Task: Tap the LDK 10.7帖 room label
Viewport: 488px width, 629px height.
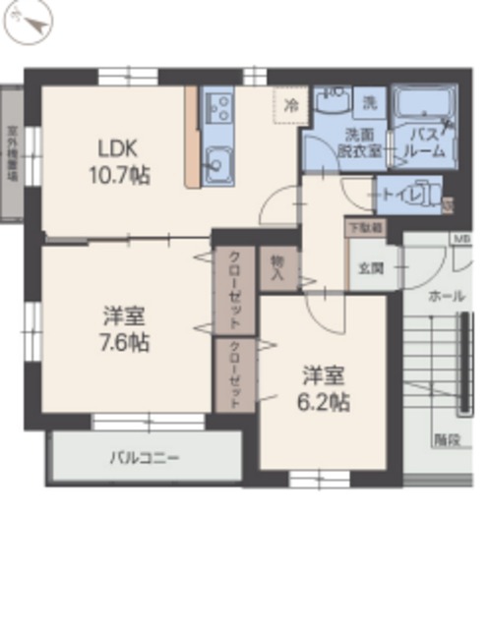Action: point(123,162)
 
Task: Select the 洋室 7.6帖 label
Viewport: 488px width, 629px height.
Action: point(126,330)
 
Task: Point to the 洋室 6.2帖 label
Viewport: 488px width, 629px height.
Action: point(325,387)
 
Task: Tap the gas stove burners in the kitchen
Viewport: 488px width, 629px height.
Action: point(218,107)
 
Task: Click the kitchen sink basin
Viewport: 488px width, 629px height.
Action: point(217,160)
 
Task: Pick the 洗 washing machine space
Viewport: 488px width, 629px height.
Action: point(370,101)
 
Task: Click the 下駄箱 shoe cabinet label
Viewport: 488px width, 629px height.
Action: point(365,226)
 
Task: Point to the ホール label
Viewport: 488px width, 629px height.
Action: point(448,295)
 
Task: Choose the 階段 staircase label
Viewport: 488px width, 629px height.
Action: point(446,439)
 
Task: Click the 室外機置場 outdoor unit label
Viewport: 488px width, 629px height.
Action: point(13,152)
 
